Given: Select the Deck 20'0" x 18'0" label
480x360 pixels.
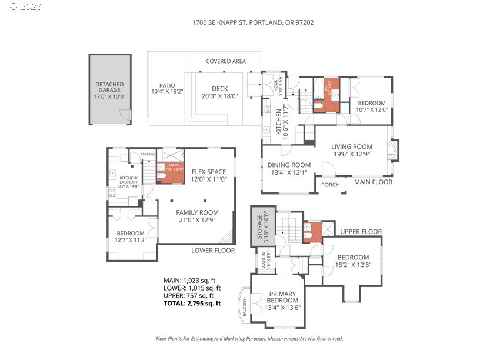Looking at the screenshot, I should (215, 92).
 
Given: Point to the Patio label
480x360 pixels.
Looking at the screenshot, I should (167, 88).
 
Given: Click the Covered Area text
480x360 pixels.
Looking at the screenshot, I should (225, 61).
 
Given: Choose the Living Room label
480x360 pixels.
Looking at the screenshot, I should (351, 151).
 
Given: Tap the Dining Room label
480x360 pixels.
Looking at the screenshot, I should (288, 169).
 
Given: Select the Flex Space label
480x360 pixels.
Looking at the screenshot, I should (209, 176).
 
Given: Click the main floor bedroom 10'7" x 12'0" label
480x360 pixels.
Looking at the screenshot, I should (371, 106).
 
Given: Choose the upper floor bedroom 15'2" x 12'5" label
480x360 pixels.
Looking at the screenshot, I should (353, 261).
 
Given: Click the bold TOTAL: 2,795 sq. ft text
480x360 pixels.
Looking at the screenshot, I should (192, 304).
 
